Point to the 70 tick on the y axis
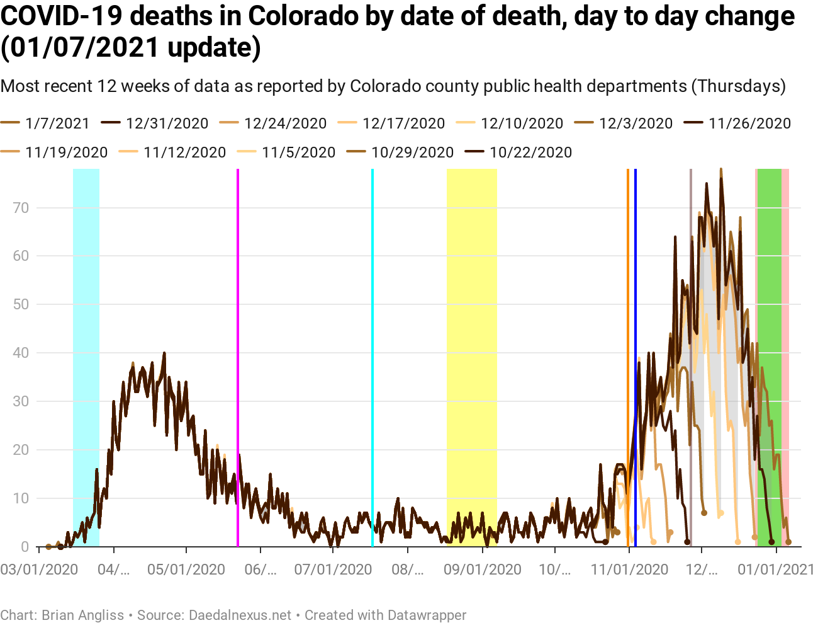click(21, 208)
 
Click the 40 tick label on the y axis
click(21, 353)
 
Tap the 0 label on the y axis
click(25, 547)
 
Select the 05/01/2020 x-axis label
click(186, 570)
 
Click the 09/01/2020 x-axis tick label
click(483, 570)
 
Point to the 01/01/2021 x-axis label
click(776, 570)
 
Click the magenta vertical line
click(238, 353)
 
